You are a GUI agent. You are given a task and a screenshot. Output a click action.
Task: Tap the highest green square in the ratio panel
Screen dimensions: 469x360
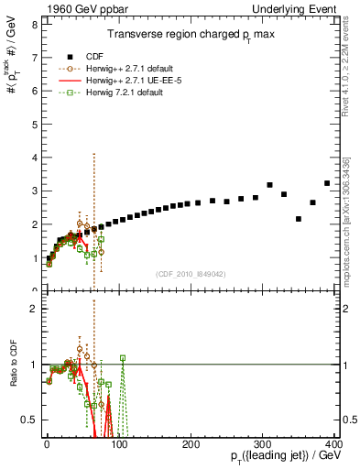(97, 358)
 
